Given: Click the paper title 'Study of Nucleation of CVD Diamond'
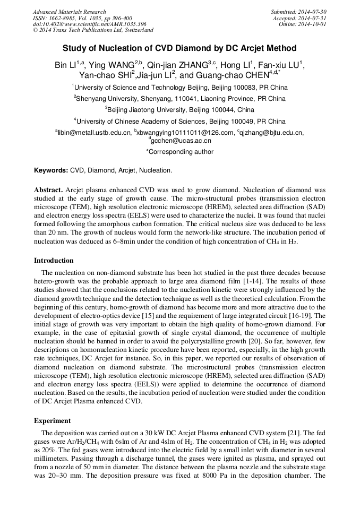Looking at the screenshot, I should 179,48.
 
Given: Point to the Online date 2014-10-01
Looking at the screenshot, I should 314,24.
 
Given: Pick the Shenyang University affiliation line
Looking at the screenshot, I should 179,99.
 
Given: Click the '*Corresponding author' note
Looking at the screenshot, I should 179,152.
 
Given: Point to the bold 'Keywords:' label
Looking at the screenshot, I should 51,171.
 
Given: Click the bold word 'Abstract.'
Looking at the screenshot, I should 49,189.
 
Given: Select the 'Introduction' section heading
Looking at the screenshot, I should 54,261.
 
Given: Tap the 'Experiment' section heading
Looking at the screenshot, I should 52,421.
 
